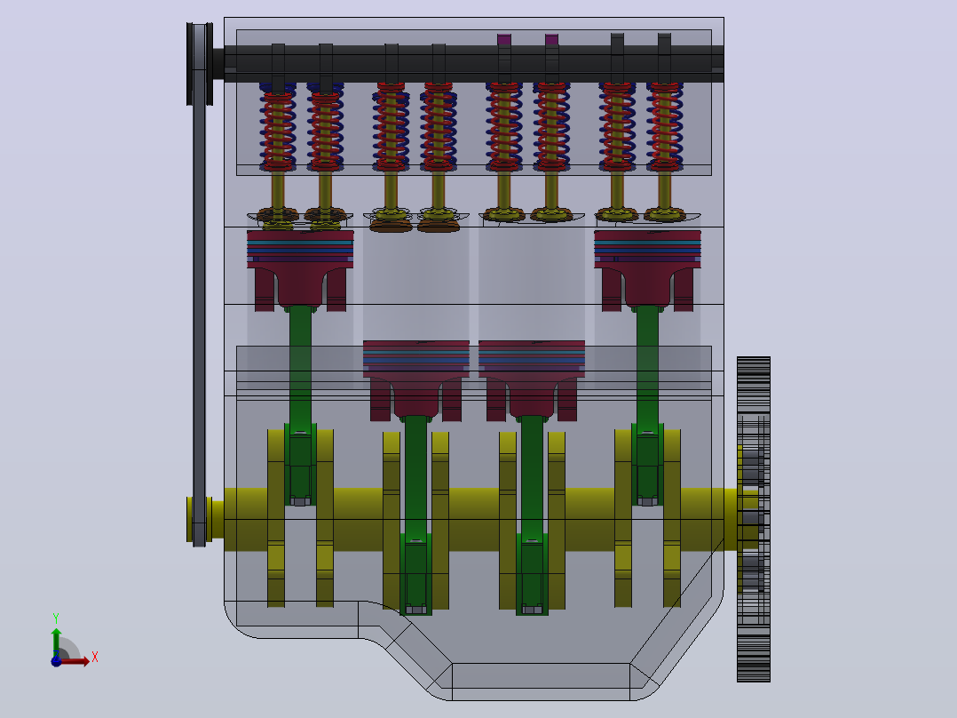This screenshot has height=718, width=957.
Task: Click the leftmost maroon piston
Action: (300, 269)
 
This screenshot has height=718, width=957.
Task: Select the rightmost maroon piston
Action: (647, 269)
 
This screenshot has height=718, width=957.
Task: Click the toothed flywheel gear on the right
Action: (753, 519)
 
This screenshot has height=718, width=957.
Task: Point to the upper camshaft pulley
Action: (200, 64)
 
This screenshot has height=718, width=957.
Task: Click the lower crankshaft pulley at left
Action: (199, 520)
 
